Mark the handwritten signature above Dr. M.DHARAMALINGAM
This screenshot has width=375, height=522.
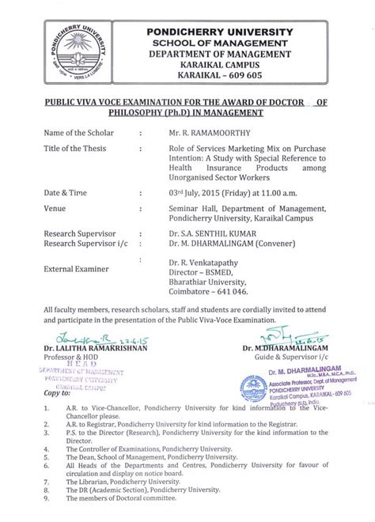pos(278,357)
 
